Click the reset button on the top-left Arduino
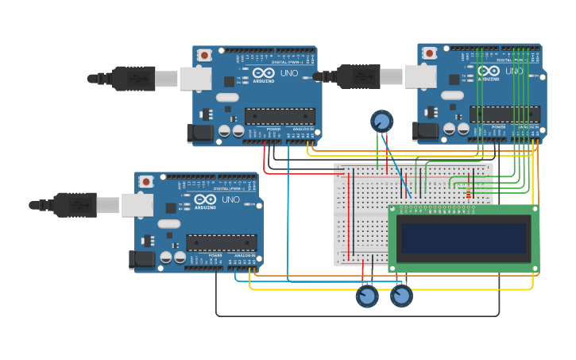click(205, 55)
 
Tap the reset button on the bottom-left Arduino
click(146, 182)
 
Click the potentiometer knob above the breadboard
click(381, 121)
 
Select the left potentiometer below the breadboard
click(367, 296)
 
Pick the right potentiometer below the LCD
click(401, 296)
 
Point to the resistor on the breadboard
click(468, 194)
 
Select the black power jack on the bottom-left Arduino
click(141, 260)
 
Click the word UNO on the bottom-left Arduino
click(231, 199)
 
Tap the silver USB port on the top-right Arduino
click(419, 76)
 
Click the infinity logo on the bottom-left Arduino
click(204, 200)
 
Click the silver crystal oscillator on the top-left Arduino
click(226, 98)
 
